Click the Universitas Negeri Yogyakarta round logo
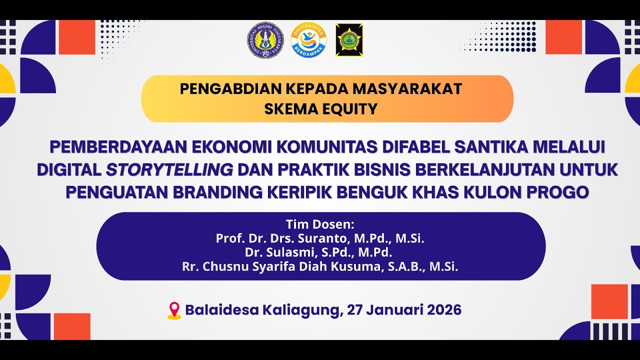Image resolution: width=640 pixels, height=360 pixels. [265, 40]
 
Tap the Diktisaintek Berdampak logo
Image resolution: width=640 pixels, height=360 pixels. [308, 40]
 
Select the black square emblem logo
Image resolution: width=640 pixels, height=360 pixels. [349, 40]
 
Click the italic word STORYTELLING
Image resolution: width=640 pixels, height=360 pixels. [169, 170]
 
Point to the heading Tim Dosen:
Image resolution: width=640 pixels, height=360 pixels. [320, 224]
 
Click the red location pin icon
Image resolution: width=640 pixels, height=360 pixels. [174, 310]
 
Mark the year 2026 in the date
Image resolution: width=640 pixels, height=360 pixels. [444, 310]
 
